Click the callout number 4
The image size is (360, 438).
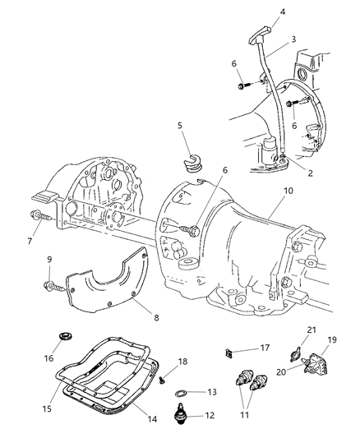click(259, 12)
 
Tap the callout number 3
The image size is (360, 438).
click(269, 39)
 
